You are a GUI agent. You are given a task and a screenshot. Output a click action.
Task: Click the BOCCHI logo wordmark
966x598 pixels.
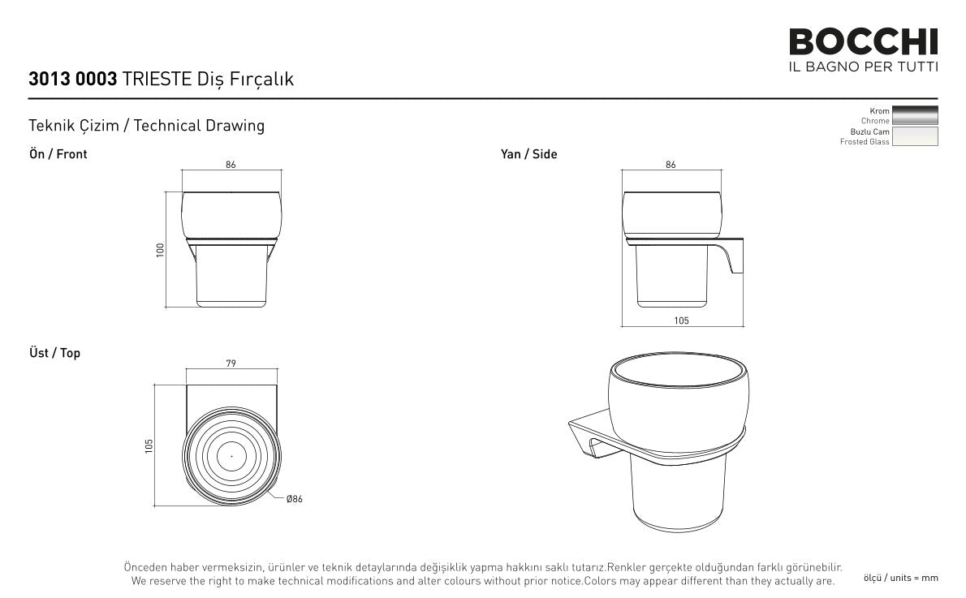click(863, 42)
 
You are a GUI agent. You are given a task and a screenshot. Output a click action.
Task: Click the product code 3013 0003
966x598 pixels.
click(73, 79)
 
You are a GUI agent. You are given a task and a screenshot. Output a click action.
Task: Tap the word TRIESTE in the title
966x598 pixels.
click(157, 79)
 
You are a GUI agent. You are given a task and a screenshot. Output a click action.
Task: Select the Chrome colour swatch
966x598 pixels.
click(915, 115)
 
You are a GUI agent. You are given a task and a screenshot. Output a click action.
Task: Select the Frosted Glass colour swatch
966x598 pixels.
click(915, 136)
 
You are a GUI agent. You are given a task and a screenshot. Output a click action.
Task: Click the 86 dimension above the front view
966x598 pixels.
click(231, 165)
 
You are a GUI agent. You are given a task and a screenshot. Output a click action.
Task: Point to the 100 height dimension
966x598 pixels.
click(161, 249)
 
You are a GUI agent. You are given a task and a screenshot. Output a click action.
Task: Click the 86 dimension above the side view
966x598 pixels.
click(671, 165)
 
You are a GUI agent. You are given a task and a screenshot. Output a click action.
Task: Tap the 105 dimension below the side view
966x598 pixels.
click(681, 321)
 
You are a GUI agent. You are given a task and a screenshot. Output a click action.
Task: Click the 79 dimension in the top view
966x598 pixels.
click(231, 364)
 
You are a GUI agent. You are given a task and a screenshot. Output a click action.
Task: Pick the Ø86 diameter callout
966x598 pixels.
click(295, 499)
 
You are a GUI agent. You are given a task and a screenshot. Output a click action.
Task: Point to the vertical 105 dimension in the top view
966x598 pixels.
click(149, 446)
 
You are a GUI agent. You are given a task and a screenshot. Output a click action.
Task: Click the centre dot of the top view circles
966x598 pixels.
click(231, 456)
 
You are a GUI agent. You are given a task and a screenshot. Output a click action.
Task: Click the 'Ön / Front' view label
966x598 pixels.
click(58, 154)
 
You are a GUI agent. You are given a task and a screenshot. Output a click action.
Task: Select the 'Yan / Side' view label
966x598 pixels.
click(528, 154)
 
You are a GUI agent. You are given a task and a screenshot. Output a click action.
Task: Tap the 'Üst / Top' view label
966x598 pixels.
click(55, 353)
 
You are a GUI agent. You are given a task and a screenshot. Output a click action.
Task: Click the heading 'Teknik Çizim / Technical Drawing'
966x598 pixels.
click(147, 126)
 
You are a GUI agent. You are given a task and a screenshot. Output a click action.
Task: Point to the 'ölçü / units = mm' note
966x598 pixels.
click(901, 578)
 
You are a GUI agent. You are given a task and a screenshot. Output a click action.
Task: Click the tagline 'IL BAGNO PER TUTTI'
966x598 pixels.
click(863, 67)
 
